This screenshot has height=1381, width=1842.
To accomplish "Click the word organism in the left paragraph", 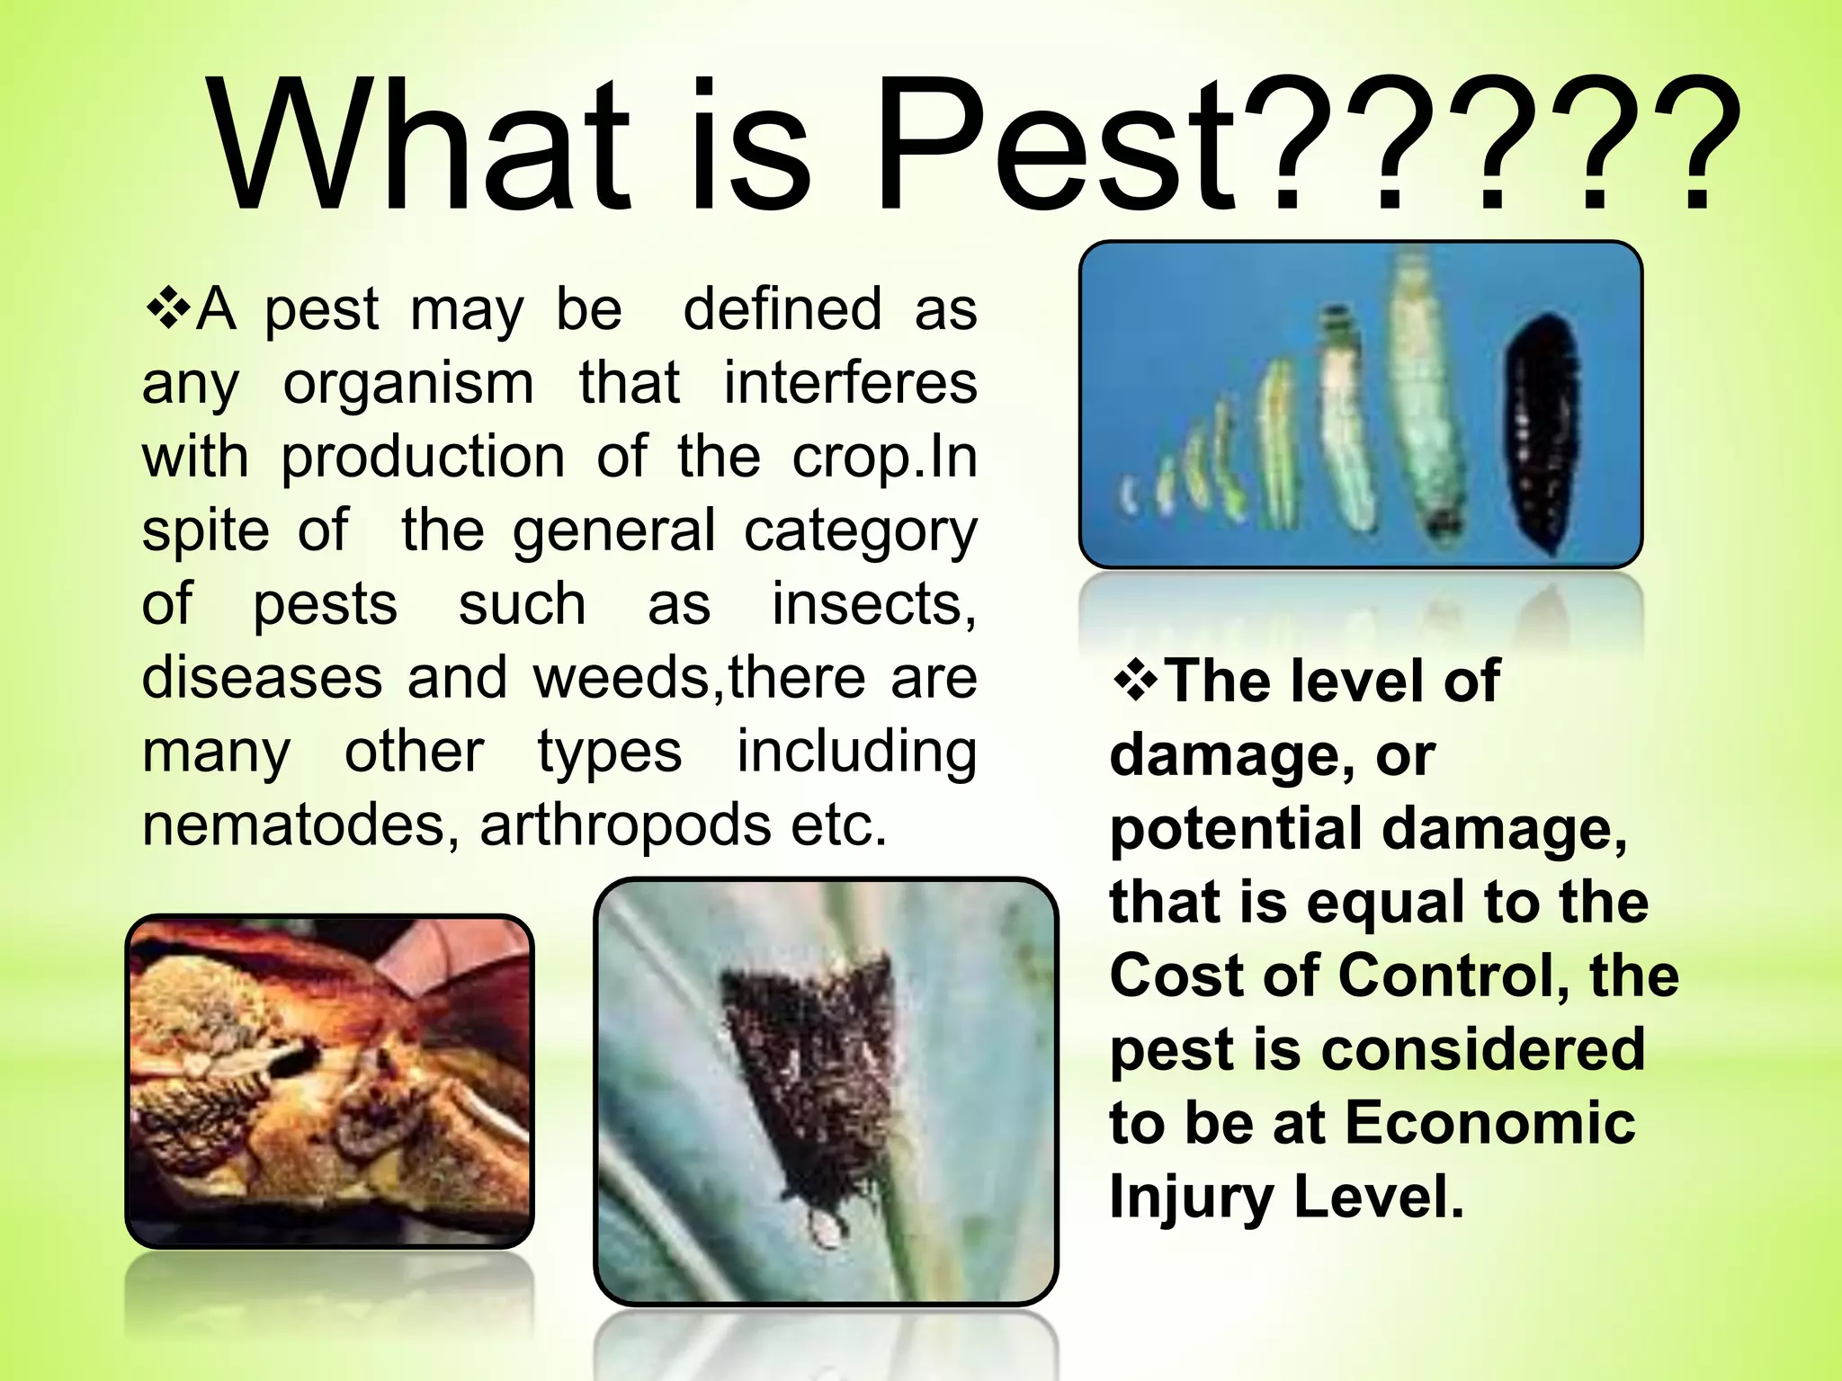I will point(409,384).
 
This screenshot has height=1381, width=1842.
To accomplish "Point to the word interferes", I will point(850,384).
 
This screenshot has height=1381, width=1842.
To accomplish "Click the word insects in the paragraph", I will point(872,603).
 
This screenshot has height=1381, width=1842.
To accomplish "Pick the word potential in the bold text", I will point(1237,830).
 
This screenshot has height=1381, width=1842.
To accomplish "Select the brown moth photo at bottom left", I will point(329,1081).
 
